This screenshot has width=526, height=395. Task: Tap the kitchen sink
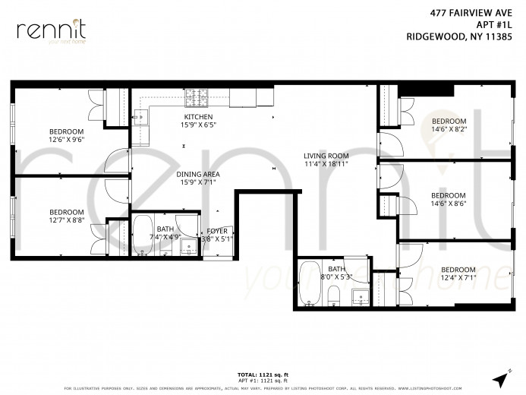140,117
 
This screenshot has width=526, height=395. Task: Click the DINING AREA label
198,175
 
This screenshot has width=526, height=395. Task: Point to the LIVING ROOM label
326,156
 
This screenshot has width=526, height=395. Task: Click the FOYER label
216,231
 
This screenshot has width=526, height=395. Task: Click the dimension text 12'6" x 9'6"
66,140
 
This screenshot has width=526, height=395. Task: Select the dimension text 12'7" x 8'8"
66,220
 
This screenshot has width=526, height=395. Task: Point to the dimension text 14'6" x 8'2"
449,130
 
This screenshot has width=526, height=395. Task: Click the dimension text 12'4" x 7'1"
458,278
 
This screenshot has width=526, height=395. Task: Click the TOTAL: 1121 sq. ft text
263,374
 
